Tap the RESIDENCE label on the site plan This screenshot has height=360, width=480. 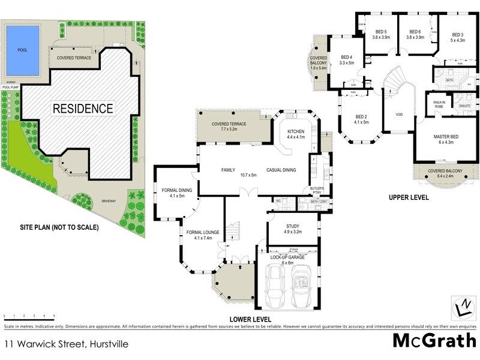tap(83, 109)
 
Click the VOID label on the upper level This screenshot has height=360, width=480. tap(398, 113)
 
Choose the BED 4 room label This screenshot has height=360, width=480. tap(347, 59)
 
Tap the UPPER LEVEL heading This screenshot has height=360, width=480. tap(409, 197)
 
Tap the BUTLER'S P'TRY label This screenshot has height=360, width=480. tap(317, 191)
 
